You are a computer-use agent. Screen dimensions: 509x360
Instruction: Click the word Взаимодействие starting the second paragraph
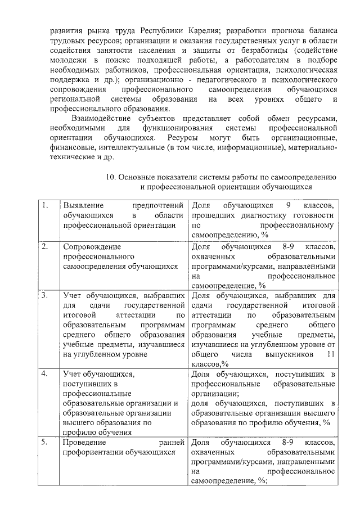[100, 119]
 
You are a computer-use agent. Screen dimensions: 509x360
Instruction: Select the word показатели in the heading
[182, 177]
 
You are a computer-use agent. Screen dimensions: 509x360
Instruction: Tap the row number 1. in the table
[44, 206]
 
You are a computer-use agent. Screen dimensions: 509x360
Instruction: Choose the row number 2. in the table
[44, 246]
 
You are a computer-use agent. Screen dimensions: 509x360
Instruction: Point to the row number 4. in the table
[44, 373]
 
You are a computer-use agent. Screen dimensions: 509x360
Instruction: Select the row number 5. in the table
[44, 442]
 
